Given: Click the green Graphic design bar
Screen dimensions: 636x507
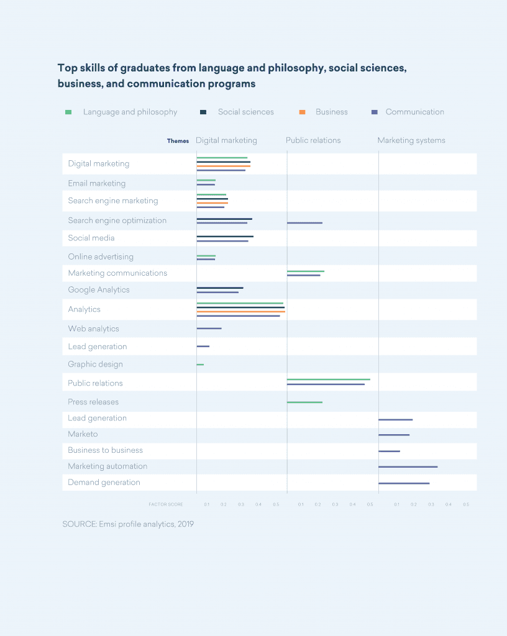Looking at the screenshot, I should (x=200, y=365).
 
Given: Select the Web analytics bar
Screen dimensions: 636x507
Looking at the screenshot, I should (x=209, y=329).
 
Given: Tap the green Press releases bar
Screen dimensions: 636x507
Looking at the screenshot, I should (x=304, y=402).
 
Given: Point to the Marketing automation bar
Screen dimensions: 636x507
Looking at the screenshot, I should (x=408, y=466).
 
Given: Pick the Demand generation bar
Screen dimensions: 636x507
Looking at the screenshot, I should (x=404, y=483).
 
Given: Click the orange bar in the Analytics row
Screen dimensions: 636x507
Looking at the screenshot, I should (x=241, y=312).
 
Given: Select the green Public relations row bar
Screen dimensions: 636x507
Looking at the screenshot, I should (x=328, y=379).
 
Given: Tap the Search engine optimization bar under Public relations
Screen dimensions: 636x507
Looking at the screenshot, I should (x=304, y=222).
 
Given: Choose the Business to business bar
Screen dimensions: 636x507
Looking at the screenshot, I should (x=389, y=451).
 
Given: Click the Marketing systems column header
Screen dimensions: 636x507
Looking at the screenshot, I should (x=411, y=140).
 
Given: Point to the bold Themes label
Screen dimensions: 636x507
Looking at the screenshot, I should (x=178, y=141).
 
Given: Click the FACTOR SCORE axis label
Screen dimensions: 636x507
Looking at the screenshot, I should (x=165, y=504).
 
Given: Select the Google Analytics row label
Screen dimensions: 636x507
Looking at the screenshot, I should (x=99, y=290).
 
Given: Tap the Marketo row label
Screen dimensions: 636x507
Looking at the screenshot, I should (x=83, y=434).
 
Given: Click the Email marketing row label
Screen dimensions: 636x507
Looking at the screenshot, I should (x=96, y=183).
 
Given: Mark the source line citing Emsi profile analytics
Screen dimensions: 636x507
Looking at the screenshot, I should (x=128, y=524).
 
